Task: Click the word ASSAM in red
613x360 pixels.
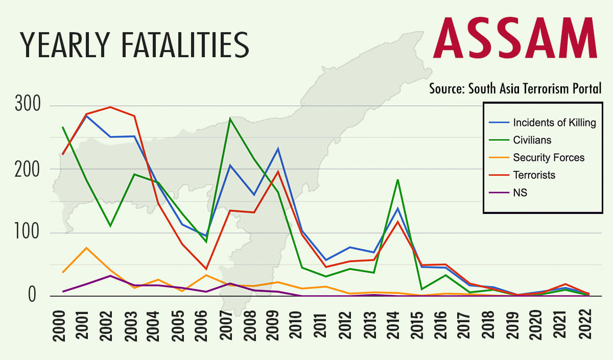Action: (x=515, y=38)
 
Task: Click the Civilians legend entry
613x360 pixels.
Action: (x=532, y=139)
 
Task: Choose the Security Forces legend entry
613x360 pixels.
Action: (x=549, y=157)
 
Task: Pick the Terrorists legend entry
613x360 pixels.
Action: (x=534, y=175)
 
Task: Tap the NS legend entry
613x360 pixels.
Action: (x=520, y=193)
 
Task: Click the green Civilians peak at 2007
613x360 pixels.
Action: (x=230, y=118)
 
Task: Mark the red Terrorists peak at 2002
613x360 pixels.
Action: (x=110, y=107)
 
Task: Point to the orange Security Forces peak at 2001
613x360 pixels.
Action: (x=86, y=248)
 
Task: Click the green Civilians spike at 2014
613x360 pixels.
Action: (x=397, y=180)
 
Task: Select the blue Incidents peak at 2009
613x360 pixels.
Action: (x=278, y=149)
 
